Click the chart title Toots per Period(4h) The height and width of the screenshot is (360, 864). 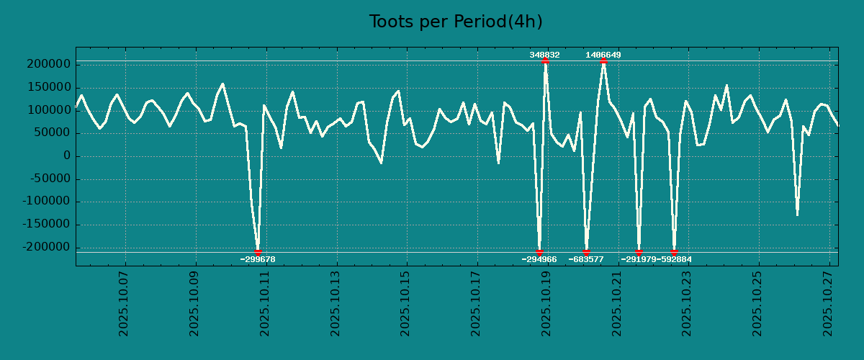tap(455, 22)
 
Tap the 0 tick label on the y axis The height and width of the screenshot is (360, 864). tap(67, 156)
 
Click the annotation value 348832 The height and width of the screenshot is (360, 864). tap(544, 55)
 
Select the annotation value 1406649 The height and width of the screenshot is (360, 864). tap(603, 55)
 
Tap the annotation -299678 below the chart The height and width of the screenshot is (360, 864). tap(258, 259)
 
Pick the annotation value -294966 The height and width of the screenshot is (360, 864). tap(539, 259)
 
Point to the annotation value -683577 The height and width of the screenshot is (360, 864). tap(586, 259)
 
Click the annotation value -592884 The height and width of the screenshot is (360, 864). tap(675, 259)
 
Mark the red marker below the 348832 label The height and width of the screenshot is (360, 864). tap(545, 61)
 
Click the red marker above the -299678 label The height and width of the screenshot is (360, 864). tap(258, 252)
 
